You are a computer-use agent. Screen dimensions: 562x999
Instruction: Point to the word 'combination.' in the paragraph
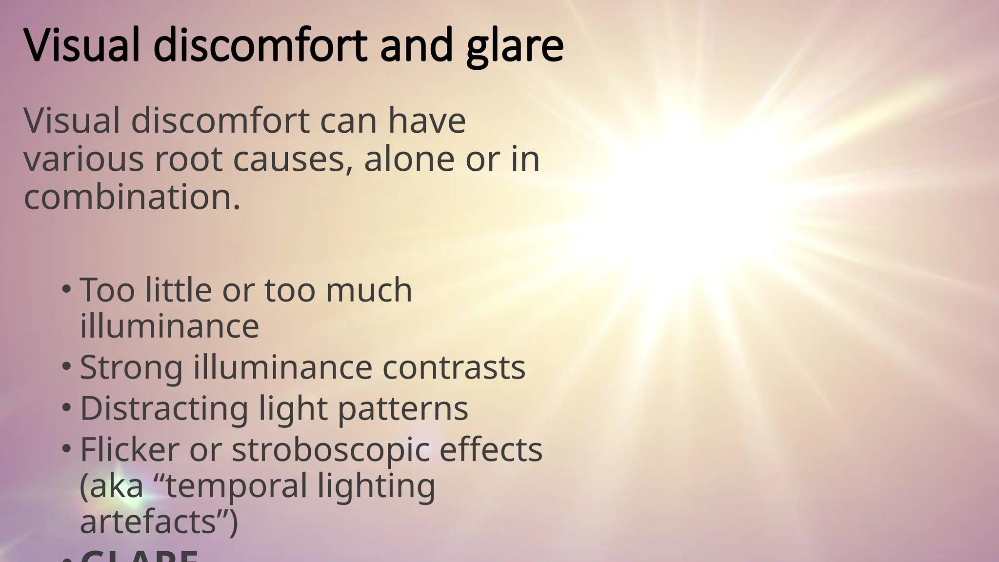coord(132,198)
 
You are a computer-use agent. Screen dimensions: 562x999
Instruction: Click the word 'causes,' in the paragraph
coord(293,160)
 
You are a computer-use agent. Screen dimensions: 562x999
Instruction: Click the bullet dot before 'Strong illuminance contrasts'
coord(66,367)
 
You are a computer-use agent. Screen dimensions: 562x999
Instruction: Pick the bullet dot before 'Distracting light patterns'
coord(66,408)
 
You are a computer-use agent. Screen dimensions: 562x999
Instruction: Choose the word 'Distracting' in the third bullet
coord(164,408)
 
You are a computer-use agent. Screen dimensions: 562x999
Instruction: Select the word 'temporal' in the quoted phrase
coord(236,486)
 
